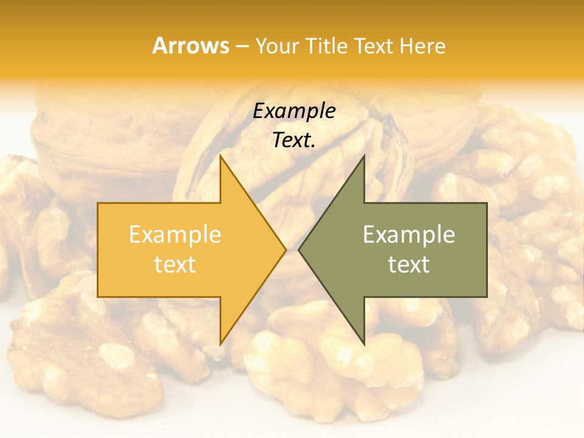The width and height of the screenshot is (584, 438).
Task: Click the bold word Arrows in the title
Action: [190, 46]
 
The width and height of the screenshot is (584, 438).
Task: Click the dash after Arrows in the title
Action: [242, 46]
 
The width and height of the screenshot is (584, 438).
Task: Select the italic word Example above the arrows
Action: [294, 111]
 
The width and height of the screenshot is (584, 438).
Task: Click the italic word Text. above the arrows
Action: [294, 140]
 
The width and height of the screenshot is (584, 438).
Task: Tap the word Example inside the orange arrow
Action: [175, 235]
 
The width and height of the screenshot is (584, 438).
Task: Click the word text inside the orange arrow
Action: [175, 264]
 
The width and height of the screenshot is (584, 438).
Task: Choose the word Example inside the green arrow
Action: [409, 235]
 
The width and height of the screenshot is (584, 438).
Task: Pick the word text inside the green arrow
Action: [409, 264]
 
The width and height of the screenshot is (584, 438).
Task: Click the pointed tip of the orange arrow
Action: [285, 249]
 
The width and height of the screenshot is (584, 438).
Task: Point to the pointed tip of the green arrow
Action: [299, 249]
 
